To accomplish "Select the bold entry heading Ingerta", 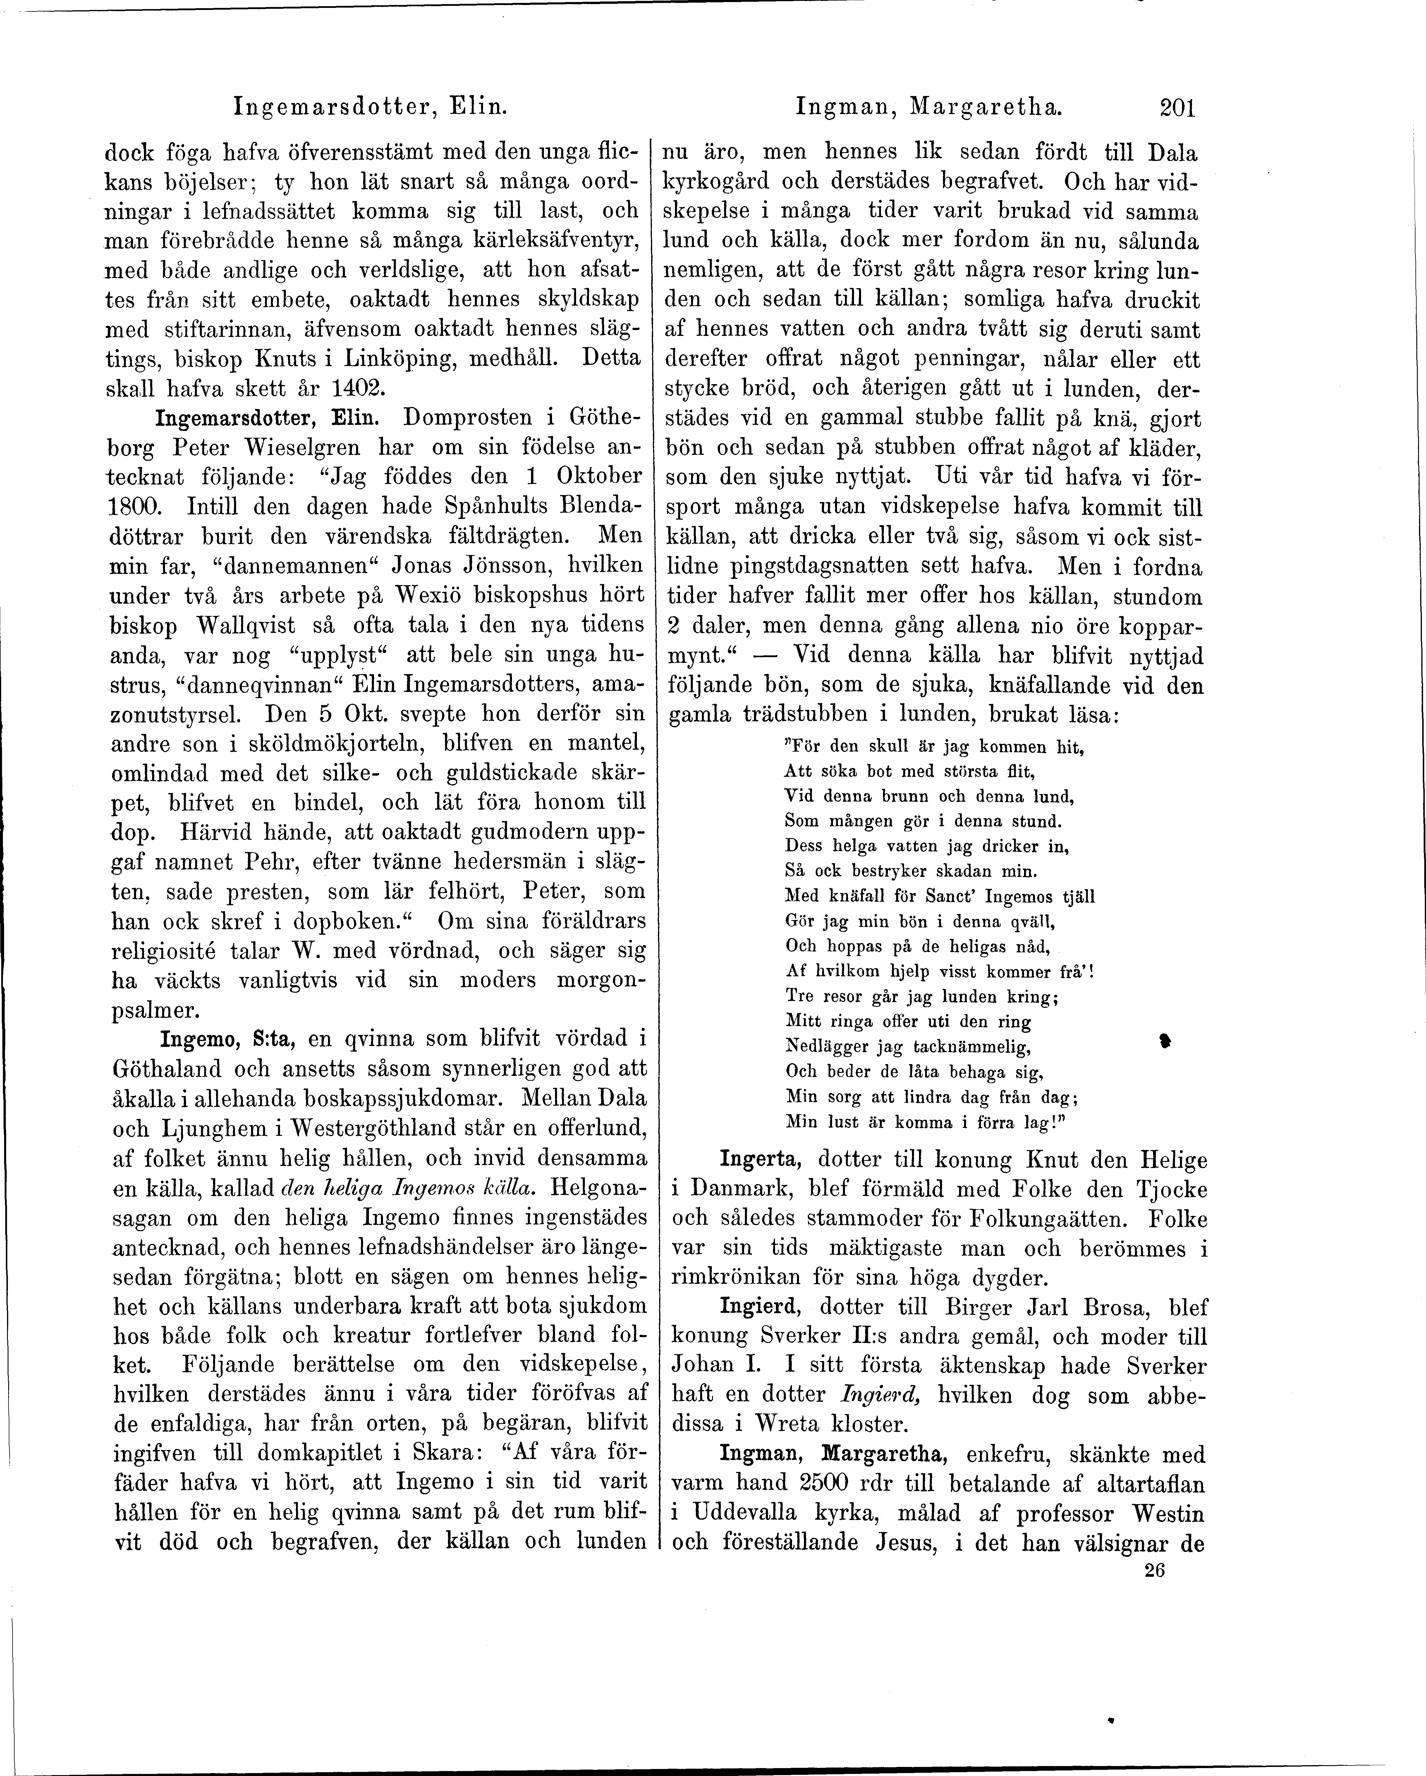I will tap(760, 1160).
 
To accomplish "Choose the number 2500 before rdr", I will tap(835, 1484).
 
